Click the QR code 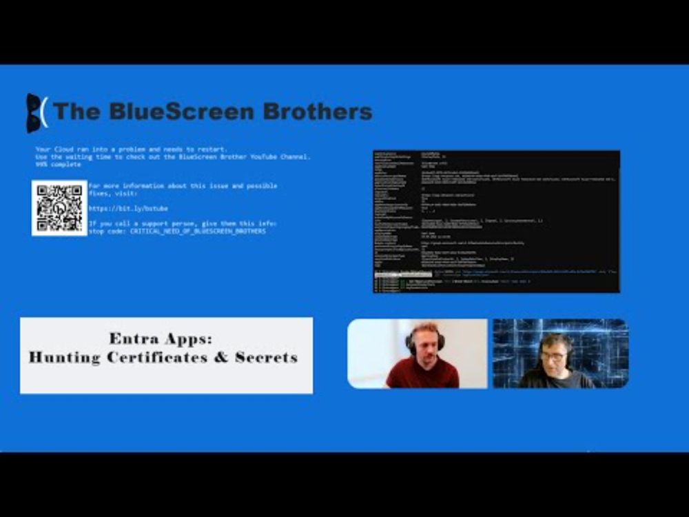(59, 207)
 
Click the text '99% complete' (58, 164)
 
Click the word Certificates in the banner (165, 358)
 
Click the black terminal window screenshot (496, 221)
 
